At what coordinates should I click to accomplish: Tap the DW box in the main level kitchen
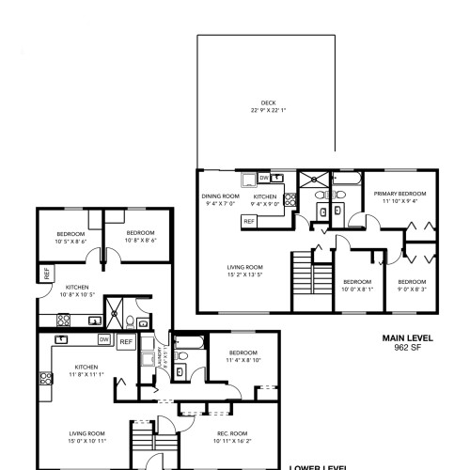(263, 177)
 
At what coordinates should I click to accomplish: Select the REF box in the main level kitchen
(249, 221)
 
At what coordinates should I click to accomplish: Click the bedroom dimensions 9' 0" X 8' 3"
(411, 286)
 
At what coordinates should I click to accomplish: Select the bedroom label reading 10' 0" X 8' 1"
(357, 286)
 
